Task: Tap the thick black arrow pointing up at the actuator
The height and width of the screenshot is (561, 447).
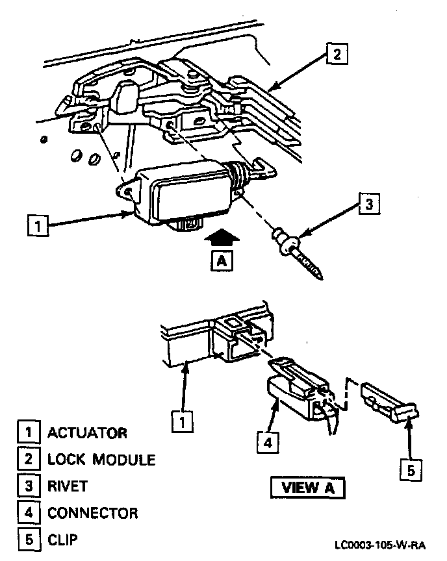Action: click(x=222, y=238)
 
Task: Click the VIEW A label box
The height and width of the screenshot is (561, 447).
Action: click(x=308, y=487)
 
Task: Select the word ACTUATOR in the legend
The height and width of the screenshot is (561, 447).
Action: click(x=88, y=432)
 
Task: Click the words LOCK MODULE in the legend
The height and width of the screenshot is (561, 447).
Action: click(x=101, y=460)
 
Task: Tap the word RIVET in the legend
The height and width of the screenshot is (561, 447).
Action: click(x=68, y=486)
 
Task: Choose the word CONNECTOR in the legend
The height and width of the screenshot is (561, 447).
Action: click(x=93, y=513)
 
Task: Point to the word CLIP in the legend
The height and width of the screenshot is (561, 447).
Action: click(x=64, y=540)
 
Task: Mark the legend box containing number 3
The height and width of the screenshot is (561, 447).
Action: click(x=28, y=486)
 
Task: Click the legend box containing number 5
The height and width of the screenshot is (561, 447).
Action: click(x=28, y=540)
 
